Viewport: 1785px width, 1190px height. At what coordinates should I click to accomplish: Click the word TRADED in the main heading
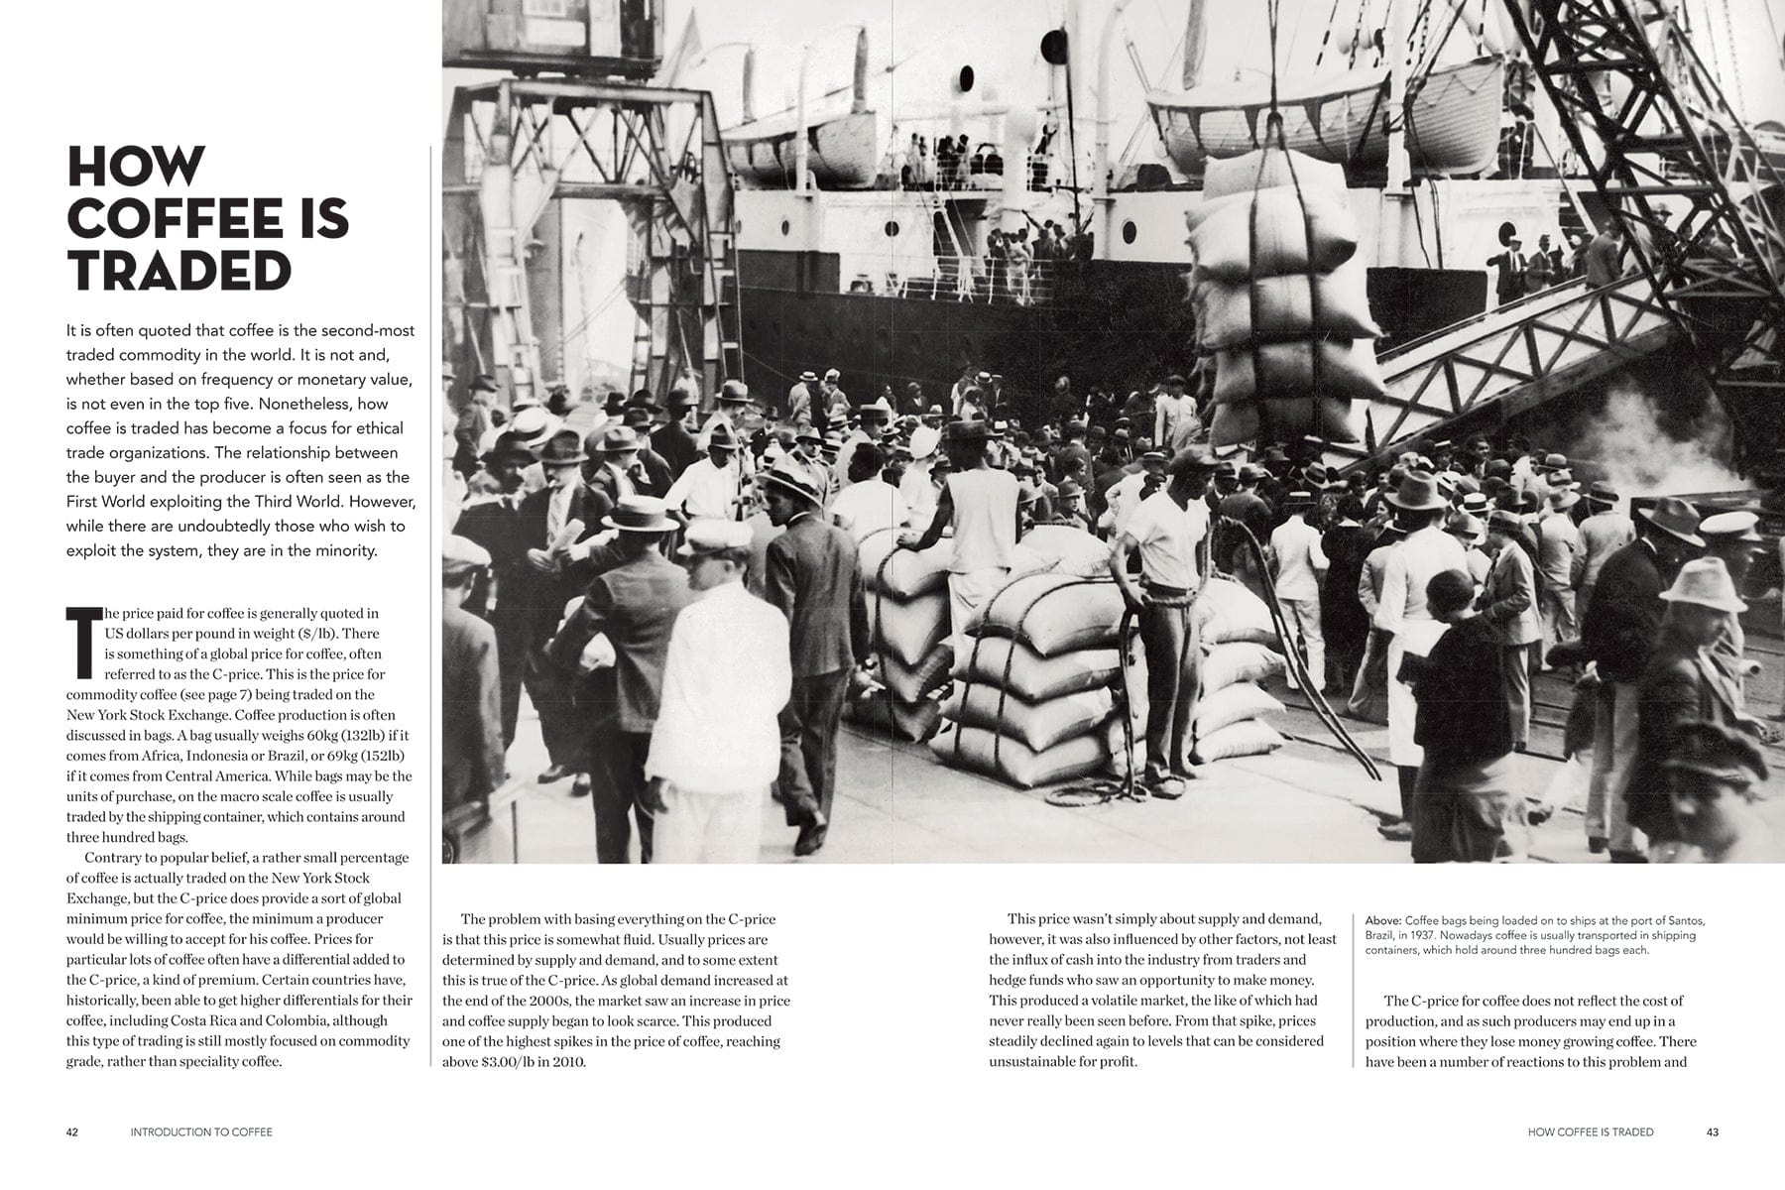coord(179,270)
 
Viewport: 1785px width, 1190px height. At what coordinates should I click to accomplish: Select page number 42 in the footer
coord(72,1131)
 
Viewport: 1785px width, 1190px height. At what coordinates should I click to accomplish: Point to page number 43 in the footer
coord(1713,1131)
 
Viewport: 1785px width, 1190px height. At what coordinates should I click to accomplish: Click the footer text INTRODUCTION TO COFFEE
coord(201,1131)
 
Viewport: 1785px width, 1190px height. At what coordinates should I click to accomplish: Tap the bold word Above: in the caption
coord(1383,921)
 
